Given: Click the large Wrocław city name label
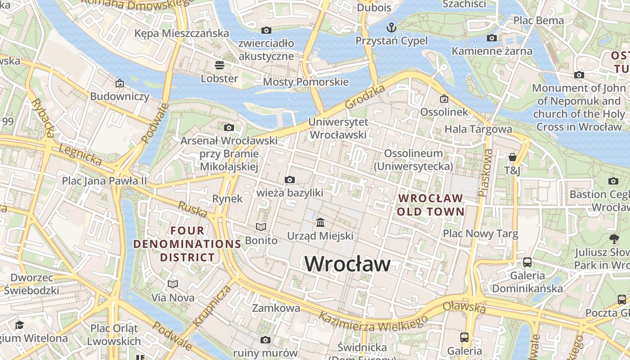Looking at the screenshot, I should (347, 264).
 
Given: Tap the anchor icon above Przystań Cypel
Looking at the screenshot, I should (391, 27).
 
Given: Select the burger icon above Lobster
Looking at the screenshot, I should (220, 65).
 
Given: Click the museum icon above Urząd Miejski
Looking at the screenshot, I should (320, 222).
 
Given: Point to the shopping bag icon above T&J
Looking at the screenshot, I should (512, 157).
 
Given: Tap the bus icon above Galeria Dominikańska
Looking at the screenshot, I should (527, 262).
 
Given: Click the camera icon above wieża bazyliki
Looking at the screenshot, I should (290, 180).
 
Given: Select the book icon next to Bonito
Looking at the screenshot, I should (261, 227).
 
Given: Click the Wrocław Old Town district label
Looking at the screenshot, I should (431, 205).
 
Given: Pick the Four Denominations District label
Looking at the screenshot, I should (187, 244).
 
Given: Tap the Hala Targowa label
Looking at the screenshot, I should (478, 130).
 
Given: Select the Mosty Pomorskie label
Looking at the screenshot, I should (306, 82).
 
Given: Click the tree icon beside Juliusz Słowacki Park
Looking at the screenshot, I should (614, 239).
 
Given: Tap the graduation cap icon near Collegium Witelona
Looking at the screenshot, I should (19, 325).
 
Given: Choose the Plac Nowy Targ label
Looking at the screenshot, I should (481, 234).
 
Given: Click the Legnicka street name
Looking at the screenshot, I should (81, 154).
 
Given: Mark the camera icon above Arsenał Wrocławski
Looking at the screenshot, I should (229, 128).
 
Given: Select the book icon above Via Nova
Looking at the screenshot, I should (173, 284).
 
